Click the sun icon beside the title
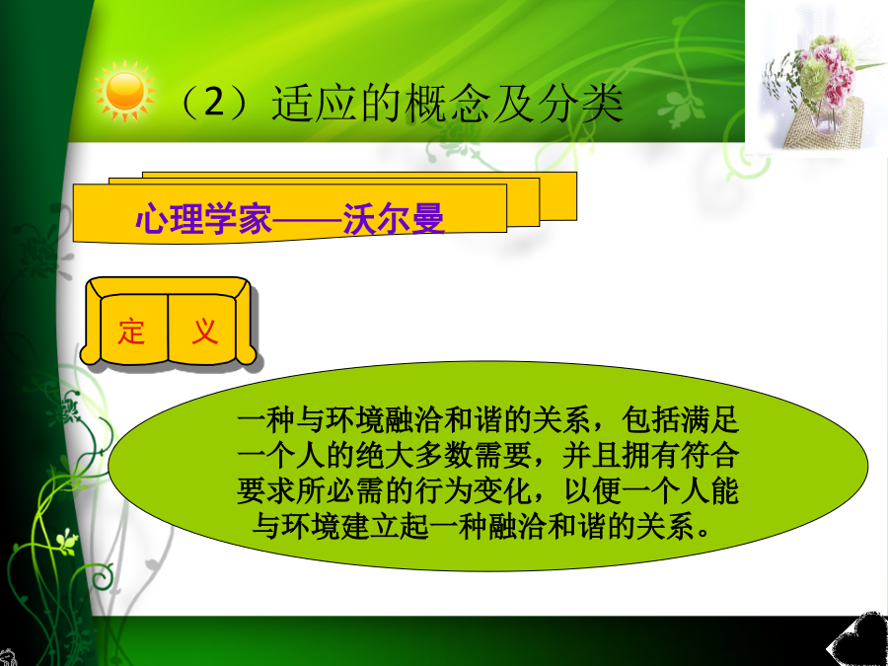[x=124, y=92]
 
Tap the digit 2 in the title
[x=215, y=105]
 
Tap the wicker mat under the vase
[x=825, y=124]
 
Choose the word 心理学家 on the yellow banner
[x=204, y=218]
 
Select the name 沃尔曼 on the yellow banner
[x=394, y=218]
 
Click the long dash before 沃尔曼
[x=308, y=219]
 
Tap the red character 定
[x=131, y=332]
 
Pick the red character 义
[x=204, y=332]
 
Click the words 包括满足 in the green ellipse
[x=680, y=421]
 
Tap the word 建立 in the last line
[x=370, y=527]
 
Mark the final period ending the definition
[x=703, y=534]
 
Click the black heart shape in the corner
[x=858, y=640]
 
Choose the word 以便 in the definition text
[x=592, y=491]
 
